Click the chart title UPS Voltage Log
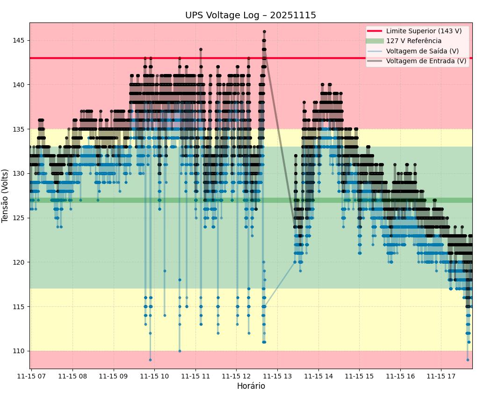click(x=250, y=15)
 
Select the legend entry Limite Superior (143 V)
click(x=424, y=31)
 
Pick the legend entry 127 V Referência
click(x=413, y=41)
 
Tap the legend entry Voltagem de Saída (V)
click(x=422, y=51)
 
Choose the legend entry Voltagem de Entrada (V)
click(x=426, y=61)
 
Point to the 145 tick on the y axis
click(x=21, y=41)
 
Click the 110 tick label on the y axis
click(x=21, y=351)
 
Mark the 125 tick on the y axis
click(x=21, y=218)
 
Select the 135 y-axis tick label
click(x=21, y=129)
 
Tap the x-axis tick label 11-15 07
click(x=32, y=376)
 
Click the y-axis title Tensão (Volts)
click(x=6, y=195)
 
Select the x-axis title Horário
click(x=251, y=386)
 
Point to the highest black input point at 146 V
click(x=264, y=32)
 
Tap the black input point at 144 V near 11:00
click(x=201, y=49)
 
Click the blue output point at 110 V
click(x=180, y=351)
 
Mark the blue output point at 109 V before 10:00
click(x=150, y=360)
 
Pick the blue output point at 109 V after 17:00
click(x=468, y=360)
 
